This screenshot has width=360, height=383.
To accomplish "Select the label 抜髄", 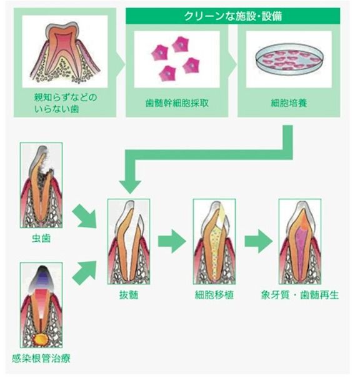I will pyautogui.click(x=129, y=294).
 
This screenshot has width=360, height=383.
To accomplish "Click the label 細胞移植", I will pyautogui.click(x=214, y=294).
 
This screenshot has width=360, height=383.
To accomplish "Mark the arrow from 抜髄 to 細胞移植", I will pyautogui.click(x=171, y=241).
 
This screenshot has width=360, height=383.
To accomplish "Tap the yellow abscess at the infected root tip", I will pyautogui.click(x=42, y=339).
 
